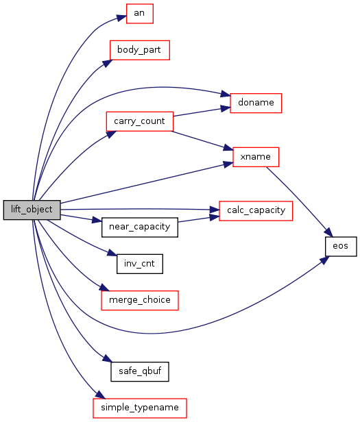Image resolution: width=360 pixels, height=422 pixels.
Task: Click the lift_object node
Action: click(32, 210)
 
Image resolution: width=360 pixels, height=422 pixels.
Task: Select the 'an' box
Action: click(140, 14)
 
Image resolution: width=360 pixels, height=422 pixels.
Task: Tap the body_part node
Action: click(140, 50)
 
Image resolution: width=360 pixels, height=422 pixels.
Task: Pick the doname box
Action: click(256, 103)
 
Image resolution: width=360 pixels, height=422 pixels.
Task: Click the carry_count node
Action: click(140, 121)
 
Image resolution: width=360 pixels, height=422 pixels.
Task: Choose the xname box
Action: click(256, 157)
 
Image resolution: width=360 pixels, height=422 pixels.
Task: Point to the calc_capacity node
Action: click(256, 211)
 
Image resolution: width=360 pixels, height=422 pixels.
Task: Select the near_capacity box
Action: click(140, 227)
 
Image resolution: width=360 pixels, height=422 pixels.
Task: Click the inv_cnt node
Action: click(140, 264)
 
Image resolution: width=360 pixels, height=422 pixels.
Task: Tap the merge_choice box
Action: click(140, 300)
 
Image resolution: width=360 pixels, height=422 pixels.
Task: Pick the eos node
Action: click(341, 246)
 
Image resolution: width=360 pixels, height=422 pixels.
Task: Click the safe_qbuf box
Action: click(140, 372)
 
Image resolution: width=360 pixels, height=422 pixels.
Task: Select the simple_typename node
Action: click(140, 408)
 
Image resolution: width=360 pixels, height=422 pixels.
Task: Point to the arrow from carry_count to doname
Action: click(202, 112)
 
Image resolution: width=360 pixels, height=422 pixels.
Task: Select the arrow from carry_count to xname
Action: click(202, 140)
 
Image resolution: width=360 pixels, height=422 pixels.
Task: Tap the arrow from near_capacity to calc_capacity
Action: click(199, 219)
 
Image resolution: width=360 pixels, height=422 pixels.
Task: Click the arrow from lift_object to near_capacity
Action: click(81, 219)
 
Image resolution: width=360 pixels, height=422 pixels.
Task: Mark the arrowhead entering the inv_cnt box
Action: click(112, 253)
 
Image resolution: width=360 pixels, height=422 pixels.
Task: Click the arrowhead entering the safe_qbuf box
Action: click(107, 358)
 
